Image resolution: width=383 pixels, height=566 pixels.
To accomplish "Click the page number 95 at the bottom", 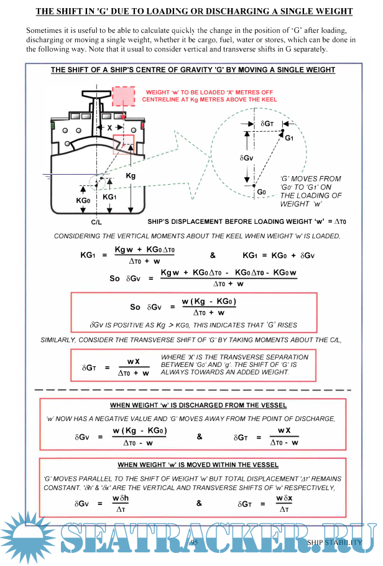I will click(x=195, y=542).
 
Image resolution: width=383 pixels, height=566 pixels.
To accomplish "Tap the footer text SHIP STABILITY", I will click(x=335, y=542).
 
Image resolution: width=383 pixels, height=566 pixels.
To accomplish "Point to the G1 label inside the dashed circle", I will click(x=289, y=138).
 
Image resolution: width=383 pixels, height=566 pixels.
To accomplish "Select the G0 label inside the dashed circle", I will click(x=262, y=192).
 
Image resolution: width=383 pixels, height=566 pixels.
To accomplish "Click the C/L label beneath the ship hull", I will click(x=97, y=221).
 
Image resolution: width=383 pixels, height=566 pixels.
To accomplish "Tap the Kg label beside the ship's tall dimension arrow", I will click(x=131, y=176).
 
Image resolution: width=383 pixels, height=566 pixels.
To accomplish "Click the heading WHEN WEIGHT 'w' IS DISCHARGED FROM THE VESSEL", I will click(x=198, y=405).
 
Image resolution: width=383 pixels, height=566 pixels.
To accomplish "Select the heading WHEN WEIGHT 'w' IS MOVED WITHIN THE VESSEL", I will click(x=198, y=465).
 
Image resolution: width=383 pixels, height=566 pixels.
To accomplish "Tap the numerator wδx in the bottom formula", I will click(x=284, y=498).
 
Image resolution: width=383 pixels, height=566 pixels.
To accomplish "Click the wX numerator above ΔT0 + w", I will click(x=133, y=361).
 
